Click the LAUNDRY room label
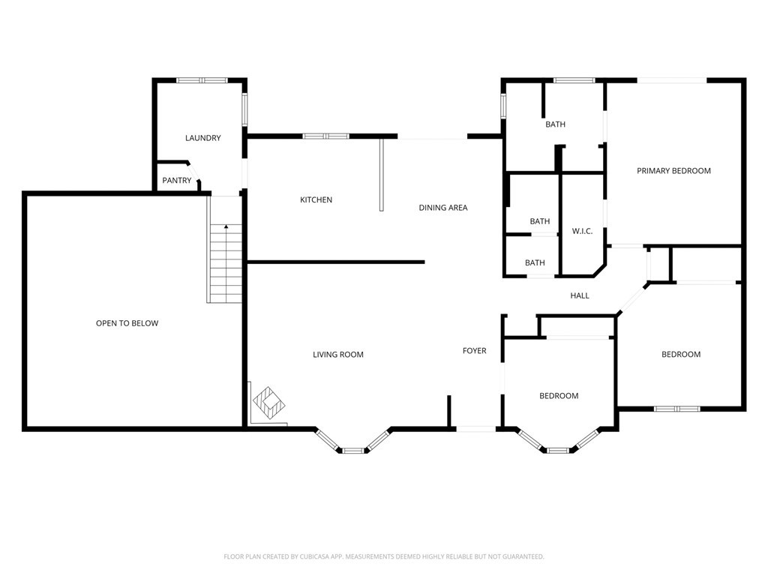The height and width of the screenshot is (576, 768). (x=202, y=138)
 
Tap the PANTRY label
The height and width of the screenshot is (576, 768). (x=177, y=181)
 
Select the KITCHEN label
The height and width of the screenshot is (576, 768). (x=316, y=199)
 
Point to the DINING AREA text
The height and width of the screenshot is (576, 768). (x=442, y=208)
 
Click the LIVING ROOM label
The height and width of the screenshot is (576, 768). (x=338, y=355)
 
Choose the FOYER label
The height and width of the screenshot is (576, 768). (x=475, y=351)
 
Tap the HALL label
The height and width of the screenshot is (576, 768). (x=580, y=295)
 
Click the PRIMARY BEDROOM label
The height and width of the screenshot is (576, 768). (x=673, y=171)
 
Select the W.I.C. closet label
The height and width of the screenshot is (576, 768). (x=582, y=231)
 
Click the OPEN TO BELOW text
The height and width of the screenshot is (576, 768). (x=127, y=323)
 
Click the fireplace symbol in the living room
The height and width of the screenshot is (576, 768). (x=268, y=403)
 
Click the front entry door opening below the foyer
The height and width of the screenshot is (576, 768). (x=475, y=429)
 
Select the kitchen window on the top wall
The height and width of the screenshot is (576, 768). (x=325, y=136)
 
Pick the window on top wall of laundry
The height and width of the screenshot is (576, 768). (x=202, y=80)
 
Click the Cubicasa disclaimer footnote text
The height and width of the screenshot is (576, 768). (x=384, y=557)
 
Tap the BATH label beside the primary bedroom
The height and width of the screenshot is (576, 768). (x=556, y=124)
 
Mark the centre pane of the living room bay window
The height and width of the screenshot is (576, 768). (x=353, y=451)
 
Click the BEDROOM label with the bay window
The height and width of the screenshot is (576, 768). (x=559, y=396)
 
